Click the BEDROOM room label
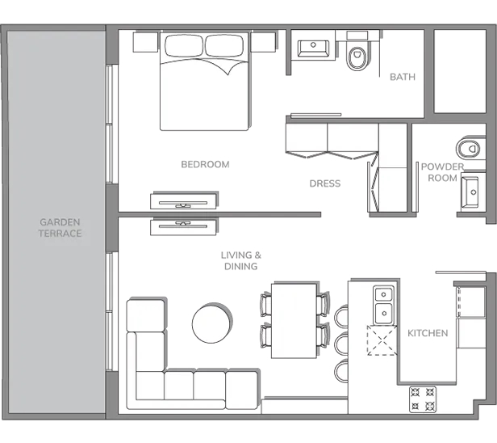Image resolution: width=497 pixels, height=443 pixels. coord(205,164)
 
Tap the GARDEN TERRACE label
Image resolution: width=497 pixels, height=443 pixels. coord(60,228)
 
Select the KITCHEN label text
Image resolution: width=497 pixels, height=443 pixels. coord(428,333)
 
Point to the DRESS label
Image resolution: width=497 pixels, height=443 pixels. coord(325,184)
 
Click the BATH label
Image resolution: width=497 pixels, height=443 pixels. coord(403,77)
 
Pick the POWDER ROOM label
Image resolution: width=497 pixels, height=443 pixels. coord(442,172)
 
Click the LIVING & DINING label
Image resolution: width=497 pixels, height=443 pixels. coord(241,261)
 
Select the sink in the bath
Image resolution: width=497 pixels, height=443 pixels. coord(313,49)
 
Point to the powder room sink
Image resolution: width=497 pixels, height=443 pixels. coord(470,192)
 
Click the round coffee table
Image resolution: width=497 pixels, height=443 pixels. coord(211,323)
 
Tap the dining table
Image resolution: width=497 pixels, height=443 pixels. coord(294,321)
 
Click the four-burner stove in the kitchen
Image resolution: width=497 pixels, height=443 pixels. coord(423,399)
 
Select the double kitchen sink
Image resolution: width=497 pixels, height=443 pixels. coord(384,306)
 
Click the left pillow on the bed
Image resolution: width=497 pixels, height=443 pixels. coord(184,46)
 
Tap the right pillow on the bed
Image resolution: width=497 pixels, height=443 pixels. coord(225,46)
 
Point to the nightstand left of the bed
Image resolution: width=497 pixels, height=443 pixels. coord(145,42)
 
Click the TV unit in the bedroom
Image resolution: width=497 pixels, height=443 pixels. coord(183,201)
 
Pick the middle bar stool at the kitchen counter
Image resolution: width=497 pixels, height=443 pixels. coord(341,342)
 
